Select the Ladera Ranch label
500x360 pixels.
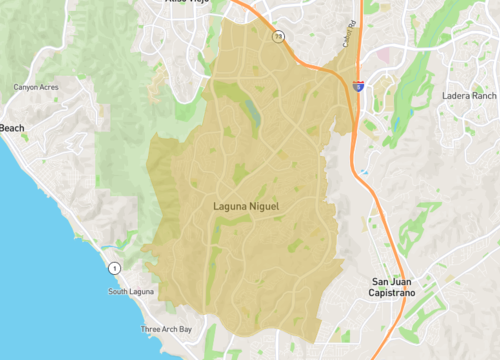[x=469, y=96]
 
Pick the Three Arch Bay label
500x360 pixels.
[x=168, y=329]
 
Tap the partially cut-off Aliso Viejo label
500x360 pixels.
[x=189, y=3]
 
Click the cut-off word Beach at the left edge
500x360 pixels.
[x=11, y=128]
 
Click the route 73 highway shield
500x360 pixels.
[x=278, y=37]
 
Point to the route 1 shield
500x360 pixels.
[x=115, y=268]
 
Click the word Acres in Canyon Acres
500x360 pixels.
[x=51, y=87]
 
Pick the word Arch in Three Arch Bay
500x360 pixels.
[x=167, y=329]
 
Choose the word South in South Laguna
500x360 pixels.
[x=119, y=292]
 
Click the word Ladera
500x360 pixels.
[x=455, y=96]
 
